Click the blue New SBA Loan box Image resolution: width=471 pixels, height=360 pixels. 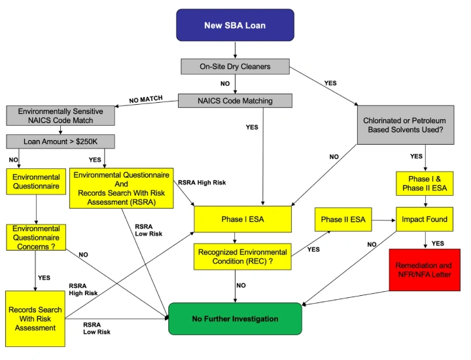(x=235, y=26)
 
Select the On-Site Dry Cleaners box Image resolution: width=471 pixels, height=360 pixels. (x=235, y=66)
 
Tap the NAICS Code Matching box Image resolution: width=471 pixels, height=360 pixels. (x=235, y=101)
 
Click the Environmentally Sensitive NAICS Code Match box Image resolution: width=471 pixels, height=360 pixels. (x=60, y=116)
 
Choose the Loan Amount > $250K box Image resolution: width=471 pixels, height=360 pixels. (x=60, y=141)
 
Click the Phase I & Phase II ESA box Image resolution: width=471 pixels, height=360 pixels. (x=422, y=184)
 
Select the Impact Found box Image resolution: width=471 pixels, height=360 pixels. (x=425, y=219)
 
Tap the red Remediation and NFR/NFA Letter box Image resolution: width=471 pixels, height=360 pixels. (x=424, y=270)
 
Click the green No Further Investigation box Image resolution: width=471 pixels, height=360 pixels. (x=235, y=319)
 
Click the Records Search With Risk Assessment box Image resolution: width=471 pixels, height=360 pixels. (x=35, y=318)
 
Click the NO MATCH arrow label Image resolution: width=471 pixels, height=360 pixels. (x=145, y=100)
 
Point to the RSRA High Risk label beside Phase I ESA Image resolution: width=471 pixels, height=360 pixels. (x=202, y=183)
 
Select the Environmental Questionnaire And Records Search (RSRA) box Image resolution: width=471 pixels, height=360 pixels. (x=121, y=189)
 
